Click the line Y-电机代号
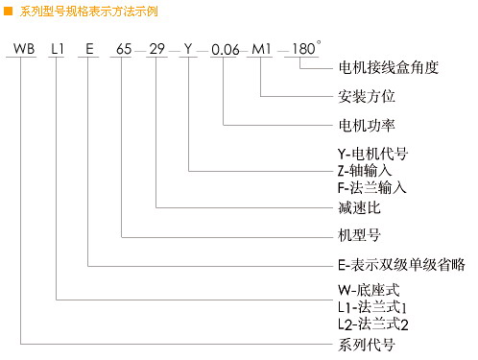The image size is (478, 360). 373,154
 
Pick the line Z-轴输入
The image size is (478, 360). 366,171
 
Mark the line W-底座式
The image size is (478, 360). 367,290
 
